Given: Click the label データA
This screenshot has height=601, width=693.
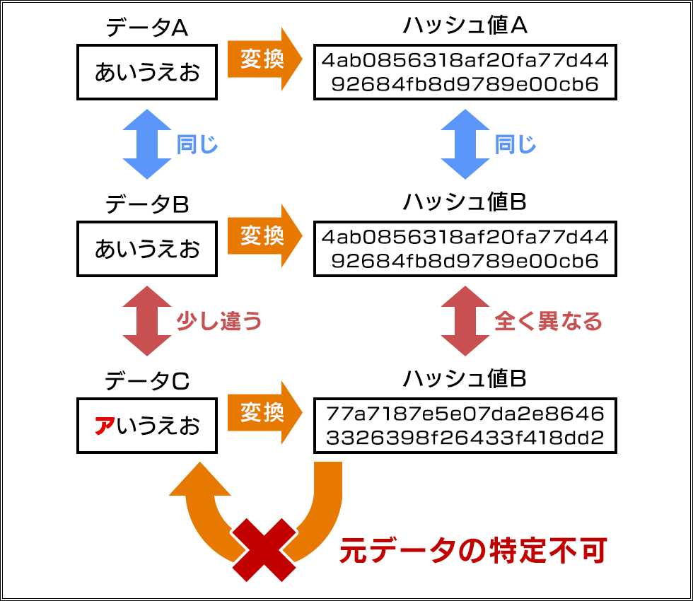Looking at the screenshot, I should click(x=146, y=28).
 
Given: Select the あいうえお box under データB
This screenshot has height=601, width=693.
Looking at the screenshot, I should click(x=147, y=250).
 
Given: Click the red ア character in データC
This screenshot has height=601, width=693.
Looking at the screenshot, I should click(x=104, y=426).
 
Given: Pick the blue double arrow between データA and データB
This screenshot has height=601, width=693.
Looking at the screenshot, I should click(x=147, y=144).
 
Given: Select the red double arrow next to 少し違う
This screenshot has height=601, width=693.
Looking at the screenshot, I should click(x=147, y=321).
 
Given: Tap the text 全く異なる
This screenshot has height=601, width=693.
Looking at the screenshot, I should click(x=548, y=322).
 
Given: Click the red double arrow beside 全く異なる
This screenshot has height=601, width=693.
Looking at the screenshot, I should click(x=465, y=321).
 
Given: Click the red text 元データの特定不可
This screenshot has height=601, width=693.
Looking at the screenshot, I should click(x=472, y=551).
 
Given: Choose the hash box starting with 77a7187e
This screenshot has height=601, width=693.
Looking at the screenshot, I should click(x=465, y=426).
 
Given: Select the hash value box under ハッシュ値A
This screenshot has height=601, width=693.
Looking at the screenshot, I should click(x=465, y=72).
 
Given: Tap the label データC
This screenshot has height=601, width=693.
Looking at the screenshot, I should click(x=146, y=382).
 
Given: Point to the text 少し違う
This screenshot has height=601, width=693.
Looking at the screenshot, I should click(x=219, y=322).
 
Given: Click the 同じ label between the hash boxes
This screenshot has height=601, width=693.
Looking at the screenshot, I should click(x=516, y=145).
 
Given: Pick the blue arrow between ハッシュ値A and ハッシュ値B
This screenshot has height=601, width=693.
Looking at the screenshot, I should click(x=465, y=144).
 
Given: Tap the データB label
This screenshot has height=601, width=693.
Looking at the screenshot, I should click(x=146, y=205).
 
